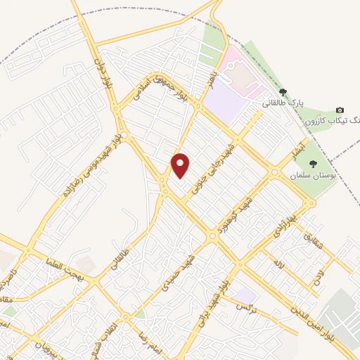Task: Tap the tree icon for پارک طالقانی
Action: click(283, 92)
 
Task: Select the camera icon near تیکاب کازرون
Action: click(340, 110)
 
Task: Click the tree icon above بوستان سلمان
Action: click(313, 164)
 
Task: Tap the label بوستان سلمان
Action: click(312, 174)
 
